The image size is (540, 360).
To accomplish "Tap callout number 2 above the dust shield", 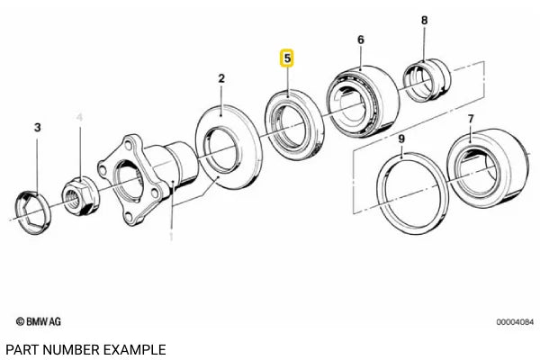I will point(220,79).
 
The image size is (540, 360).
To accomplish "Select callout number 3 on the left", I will point(37,129).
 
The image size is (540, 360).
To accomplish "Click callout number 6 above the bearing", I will point(360,40).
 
